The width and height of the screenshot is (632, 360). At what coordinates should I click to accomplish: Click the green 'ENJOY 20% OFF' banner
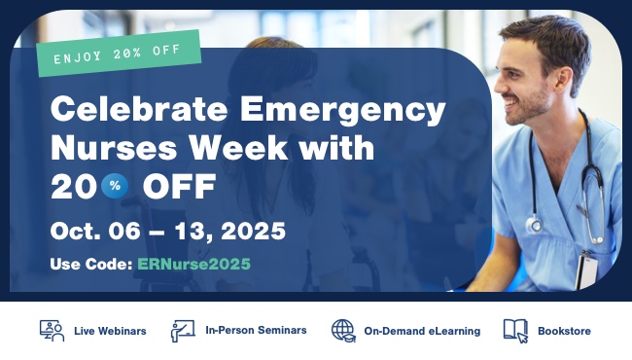(x=119, y=54)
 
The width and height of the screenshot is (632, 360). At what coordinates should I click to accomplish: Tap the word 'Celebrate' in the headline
(x=139, y=109)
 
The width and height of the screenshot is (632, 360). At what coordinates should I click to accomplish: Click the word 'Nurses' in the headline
(x=114, y=148)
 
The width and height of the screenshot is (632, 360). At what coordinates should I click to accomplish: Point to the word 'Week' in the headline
(x=239, y=148)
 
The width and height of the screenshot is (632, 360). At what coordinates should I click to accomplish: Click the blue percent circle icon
(x=115, y=186)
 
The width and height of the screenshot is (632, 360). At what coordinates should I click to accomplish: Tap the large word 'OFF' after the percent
(x=180, y=186)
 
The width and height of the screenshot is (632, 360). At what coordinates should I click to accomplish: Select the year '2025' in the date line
(x=253, y=231)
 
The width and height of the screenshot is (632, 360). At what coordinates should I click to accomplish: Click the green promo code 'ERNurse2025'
(x=193, y=265)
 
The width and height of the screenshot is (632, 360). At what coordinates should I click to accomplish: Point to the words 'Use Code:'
(x=91, y=265)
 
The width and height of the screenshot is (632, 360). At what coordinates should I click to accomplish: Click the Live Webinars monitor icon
(x=52, y=331)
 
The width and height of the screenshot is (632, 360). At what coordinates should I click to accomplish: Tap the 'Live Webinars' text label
(x=110, y=331)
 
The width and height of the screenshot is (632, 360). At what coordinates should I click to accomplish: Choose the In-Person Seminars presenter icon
(x=183, y=331)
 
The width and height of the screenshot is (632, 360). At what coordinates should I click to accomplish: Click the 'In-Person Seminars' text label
(x=256, y=330)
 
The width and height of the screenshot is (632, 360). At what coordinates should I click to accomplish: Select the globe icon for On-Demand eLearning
(x=343, y=331)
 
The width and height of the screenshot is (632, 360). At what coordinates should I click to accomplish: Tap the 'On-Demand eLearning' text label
(x=422, y=331)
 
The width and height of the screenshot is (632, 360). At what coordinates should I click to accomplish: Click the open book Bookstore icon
(x=515, y=331)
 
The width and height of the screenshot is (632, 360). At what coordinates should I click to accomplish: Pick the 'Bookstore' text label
(x=564, y=331)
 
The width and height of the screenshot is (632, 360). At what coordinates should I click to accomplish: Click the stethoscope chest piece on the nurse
(x=535, y=225)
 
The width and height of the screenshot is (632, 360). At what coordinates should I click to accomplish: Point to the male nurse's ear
(x=564, y=80)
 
